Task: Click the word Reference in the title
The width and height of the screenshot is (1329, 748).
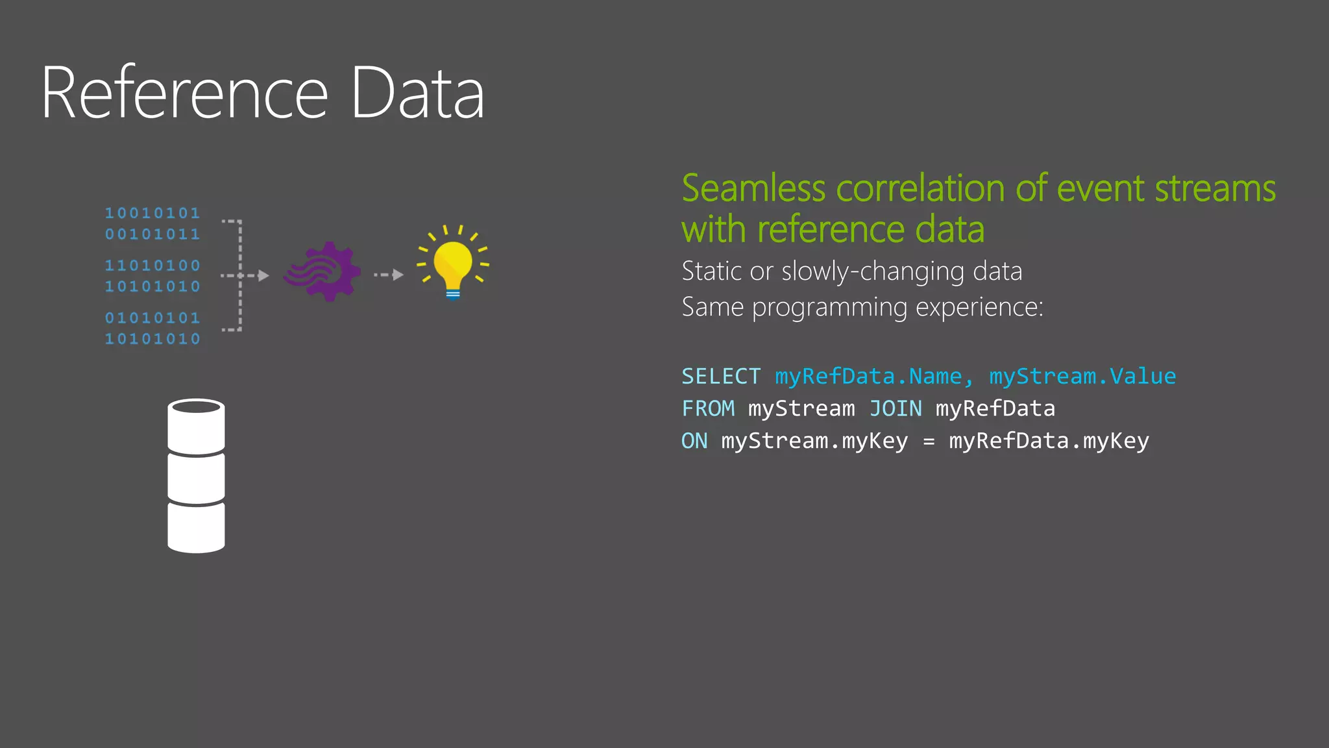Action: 185,93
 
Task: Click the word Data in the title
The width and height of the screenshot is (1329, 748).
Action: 417,93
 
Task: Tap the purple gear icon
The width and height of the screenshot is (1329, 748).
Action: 323,271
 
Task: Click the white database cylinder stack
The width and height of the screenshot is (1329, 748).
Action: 196,475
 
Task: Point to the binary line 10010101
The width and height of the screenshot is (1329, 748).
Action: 152,213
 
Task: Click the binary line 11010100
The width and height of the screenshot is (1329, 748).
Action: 152,266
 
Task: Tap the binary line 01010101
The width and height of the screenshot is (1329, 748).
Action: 152,318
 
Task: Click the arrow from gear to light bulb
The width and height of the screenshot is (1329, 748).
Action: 389,275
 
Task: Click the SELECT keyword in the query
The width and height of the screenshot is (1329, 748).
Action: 720,377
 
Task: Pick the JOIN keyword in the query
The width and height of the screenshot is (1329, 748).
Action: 896,409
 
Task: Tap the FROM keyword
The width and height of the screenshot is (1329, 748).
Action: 708,409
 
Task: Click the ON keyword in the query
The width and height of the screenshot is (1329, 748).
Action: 694,442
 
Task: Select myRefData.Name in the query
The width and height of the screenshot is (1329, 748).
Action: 868,377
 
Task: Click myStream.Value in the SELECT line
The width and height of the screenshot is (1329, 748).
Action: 1082,377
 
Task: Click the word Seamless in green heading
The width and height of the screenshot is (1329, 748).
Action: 753,189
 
